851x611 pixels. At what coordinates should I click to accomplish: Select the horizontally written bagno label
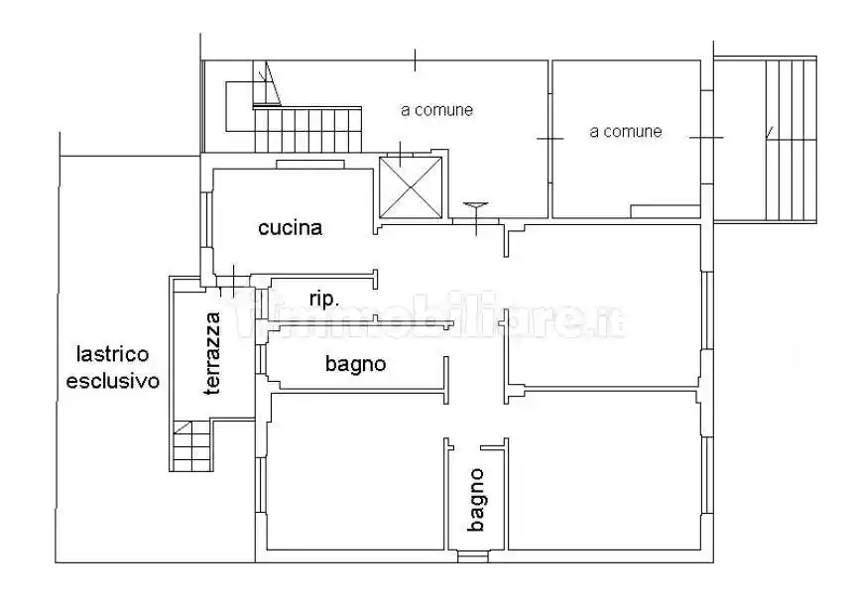[x=355, y=364]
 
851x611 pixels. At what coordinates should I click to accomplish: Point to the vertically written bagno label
[x=477, y=501]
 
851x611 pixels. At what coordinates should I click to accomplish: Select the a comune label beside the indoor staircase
[x=436, y=110]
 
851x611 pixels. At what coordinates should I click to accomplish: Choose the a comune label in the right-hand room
[x=625, y=131]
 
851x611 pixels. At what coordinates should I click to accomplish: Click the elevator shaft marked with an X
[x=410, y=186]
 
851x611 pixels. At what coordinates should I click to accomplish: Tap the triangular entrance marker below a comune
[x=475, y=206]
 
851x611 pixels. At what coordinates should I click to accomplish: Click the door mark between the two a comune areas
[x=550, y=139]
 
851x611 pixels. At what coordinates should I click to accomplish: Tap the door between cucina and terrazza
[x=227, y=280]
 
